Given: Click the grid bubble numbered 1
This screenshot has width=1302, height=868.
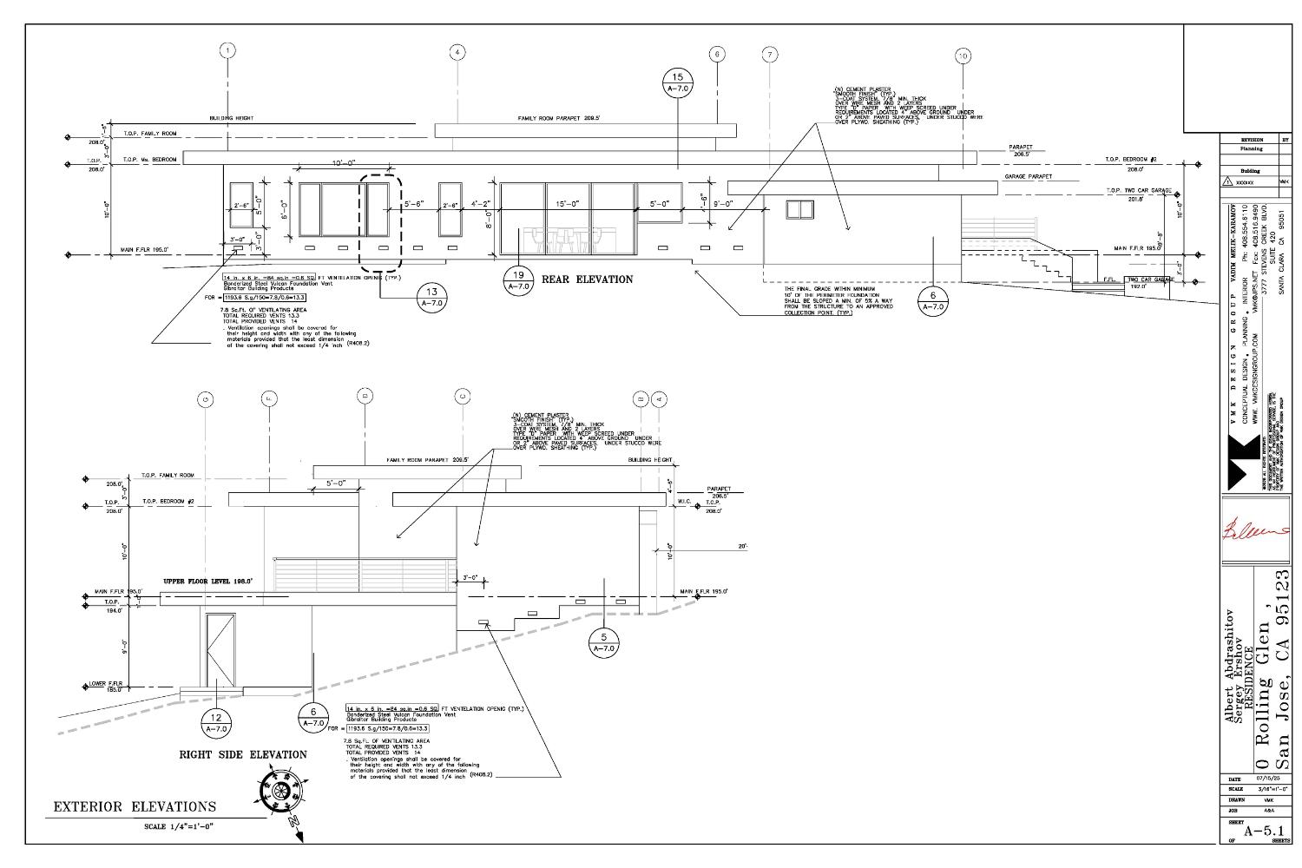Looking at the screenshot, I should point(227,51).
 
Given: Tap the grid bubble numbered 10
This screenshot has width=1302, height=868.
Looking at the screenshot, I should point(963,56).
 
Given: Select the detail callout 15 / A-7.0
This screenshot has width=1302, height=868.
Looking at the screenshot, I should point(678,82).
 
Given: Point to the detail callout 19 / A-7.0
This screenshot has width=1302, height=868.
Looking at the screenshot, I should point(518,279).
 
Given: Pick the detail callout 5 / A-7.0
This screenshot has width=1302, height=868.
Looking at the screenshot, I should point(604,641).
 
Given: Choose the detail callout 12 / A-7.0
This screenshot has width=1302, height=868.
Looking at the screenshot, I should point(216,723).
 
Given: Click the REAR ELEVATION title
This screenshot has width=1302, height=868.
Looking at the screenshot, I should point(587,279).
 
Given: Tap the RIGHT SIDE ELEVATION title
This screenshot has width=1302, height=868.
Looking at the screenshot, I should point(243,754).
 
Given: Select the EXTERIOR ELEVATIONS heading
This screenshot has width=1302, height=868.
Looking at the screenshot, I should point(135,806).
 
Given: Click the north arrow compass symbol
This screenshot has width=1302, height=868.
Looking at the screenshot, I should point(280,792).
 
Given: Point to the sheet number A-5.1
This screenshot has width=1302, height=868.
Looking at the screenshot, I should point(1263,831).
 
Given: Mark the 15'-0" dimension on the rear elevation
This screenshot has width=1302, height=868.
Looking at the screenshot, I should point(568,204).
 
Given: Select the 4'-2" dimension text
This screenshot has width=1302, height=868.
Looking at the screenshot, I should point(482,204).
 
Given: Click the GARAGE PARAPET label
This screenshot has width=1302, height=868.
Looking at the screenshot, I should point(1028,176).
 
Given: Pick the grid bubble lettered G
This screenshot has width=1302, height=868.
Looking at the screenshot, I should point(206,399).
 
